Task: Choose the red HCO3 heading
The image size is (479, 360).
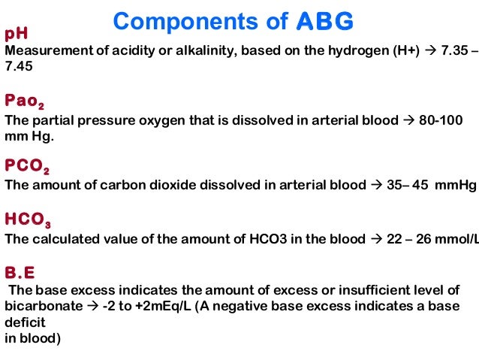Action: [29, 219]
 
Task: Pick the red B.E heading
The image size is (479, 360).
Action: [20, 272]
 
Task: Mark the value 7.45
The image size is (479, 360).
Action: [20, 66]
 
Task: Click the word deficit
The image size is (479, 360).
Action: [24, 322]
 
